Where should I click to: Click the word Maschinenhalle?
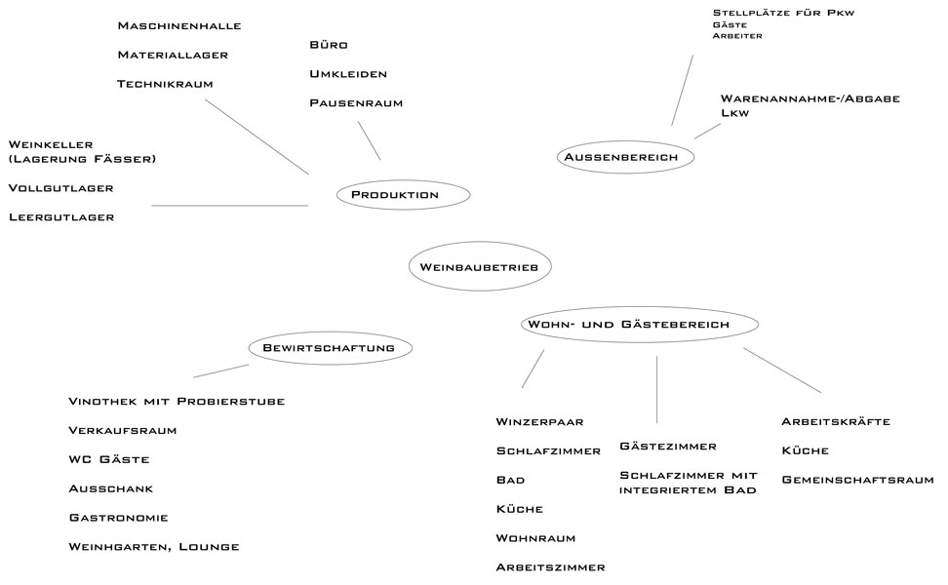click(x=179, y=26)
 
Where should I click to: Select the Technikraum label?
click(x=165, y=84)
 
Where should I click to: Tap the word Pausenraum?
click(x=356, y=103)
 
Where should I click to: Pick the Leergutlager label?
click(x=61, y=217)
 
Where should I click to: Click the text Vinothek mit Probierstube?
click(x=177, y=402)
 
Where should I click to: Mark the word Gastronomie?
click(x=119, y=518)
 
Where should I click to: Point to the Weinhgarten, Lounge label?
click(x=154, y=547)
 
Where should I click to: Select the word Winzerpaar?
click(x=540, y=422)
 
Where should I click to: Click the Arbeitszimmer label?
click(x=551, y=567)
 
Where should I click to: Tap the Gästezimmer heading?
click(x=668, y=447)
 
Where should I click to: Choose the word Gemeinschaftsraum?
click(x=858, y=480)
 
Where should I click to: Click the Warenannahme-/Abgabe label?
click(x=810, y=98)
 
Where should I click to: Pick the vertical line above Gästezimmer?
click(x=657, y=389)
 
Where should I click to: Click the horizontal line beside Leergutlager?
click(x=230, y=206)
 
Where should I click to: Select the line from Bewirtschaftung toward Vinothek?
click(x=221, y=370)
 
